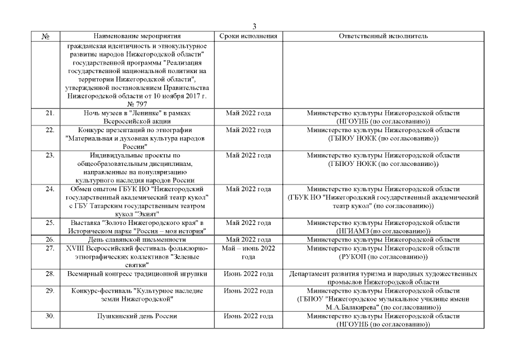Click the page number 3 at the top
254,27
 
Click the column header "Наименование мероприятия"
137,37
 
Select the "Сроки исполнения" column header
248,37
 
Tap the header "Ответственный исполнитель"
384,37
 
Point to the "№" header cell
46,37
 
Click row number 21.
49,113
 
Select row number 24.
49,189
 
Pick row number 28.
49,274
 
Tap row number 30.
49,316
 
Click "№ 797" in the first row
138,104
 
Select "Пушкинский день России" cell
138,316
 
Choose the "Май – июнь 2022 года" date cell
248,253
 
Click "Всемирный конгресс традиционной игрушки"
138,274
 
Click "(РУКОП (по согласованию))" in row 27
384,257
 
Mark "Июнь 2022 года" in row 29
248,291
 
